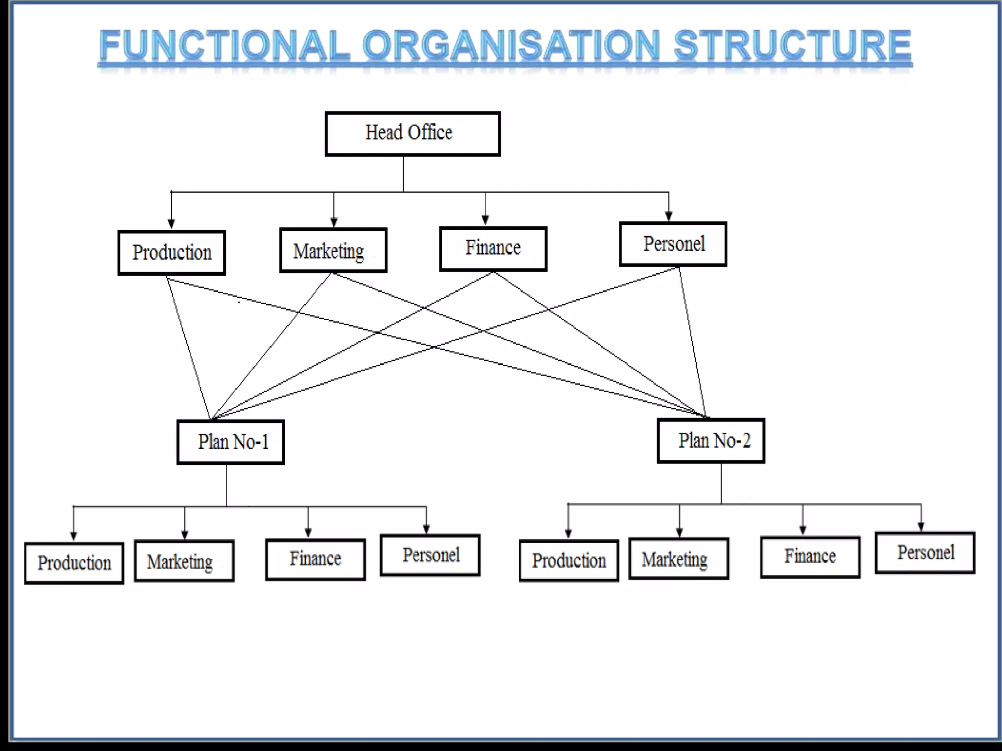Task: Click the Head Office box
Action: pos(412,133)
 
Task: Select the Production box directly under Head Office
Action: pos(172,252)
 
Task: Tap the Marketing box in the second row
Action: pos(333,250)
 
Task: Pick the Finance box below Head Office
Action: pos(493,248)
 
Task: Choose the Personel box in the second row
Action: pos(673,244)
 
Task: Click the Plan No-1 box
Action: pos(230,442)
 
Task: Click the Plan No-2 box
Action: pos(711,441)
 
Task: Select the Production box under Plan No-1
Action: pos(74,563)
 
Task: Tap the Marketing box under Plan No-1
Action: pos(184,561)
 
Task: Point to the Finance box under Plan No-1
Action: pos(316,559)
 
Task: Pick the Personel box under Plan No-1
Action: pos(430,555)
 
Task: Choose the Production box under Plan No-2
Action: pos(569,561)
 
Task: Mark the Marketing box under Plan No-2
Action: pos(679,559)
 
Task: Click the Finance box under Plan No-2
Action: pos(810,557)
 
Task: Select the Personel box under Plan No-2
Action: pos(925,553)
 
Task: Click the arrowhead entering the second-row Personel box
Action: pos(669,217)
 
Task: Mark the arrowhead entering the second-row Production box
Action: pos(171,224)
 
